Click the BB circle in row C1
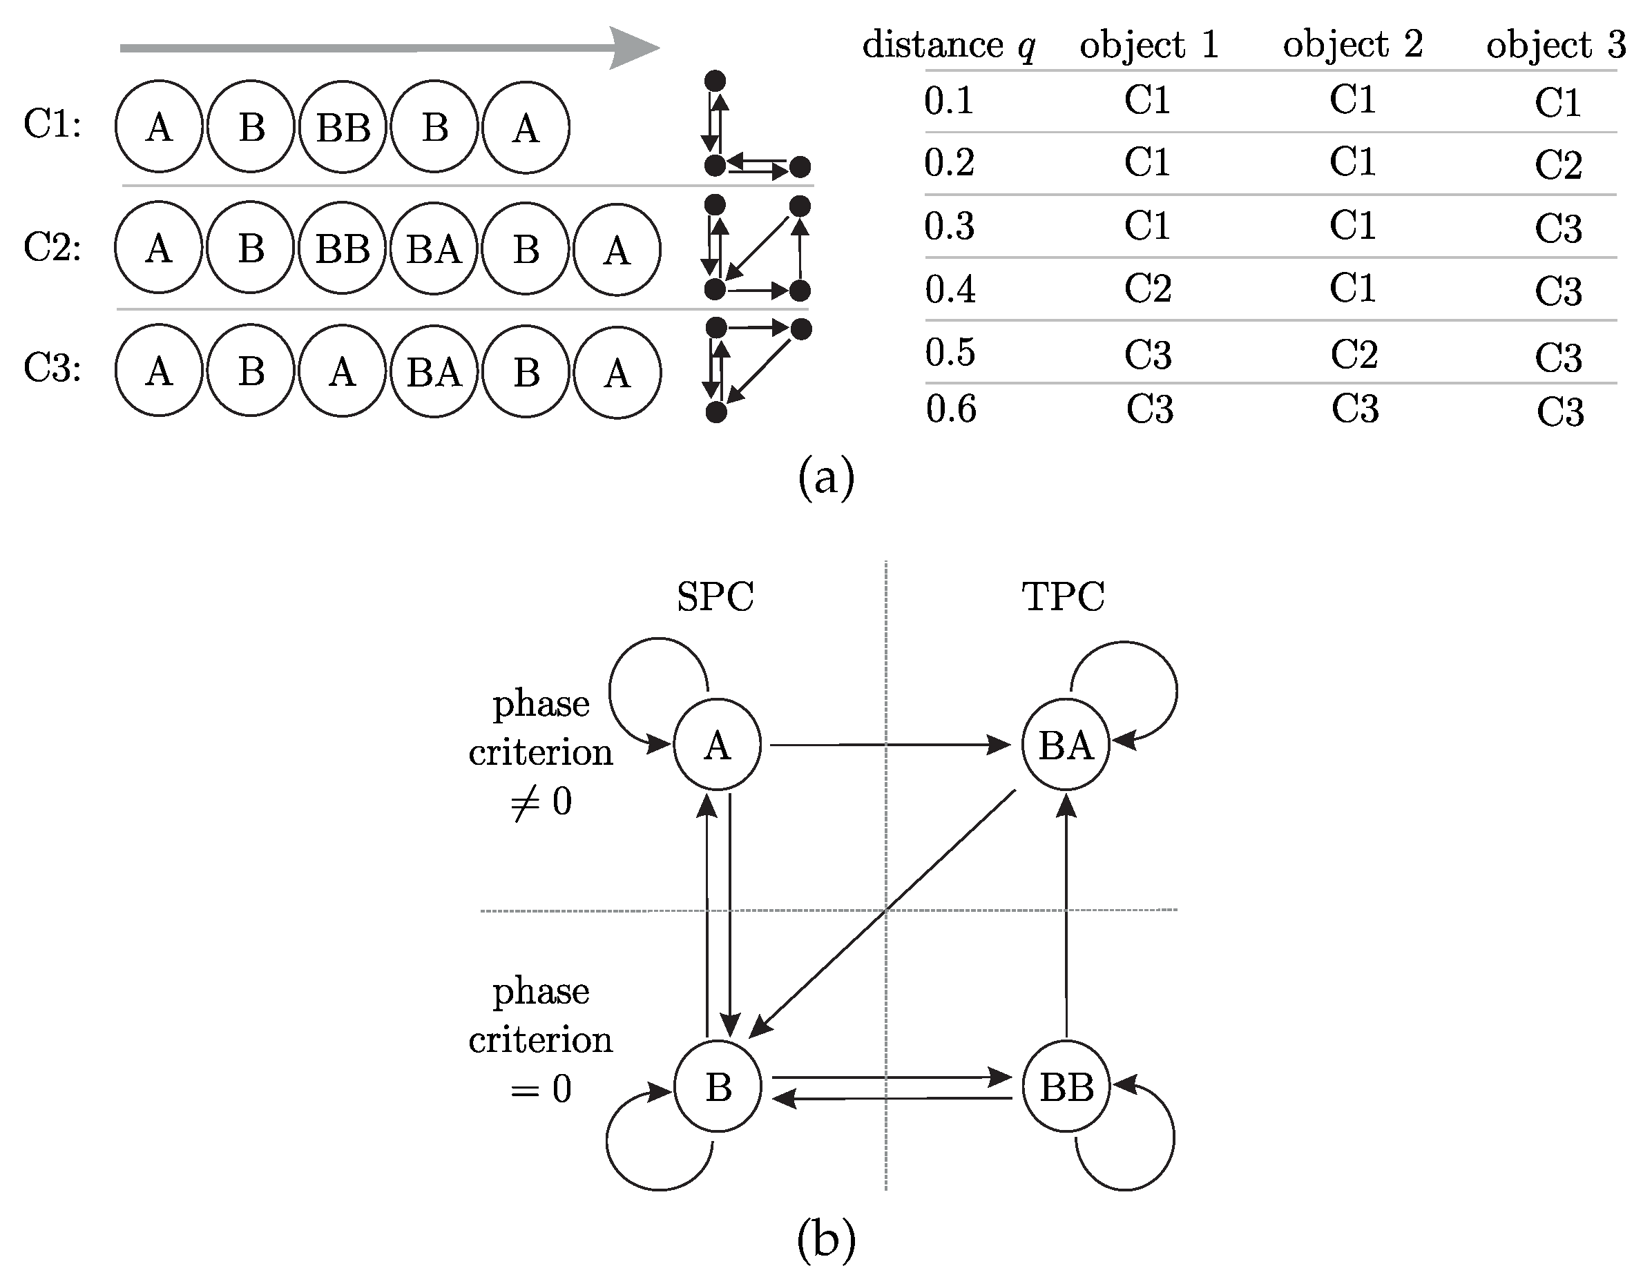coord(343,127)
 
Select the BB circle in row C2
coord(343,249)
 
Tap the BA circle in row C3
coord(434,371)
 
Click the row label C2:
coord(52,246)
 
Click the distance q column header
coord(949,45)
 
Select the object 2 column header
coord(1353,45)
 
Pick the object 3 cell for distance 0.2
coord(1558,165)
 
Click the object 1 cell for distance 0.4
coord(1148,288)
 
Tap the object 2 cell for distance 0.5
coord(1354,354)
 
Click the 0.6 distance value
coord(951,409)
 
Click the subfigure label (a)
coord(826,477)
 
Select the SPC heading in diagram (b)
coord(715,597)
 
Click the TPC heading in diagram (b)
coord(1063,597)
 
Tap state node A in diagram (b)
coord(717,745)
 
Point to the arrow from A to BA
coord(887,745)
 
